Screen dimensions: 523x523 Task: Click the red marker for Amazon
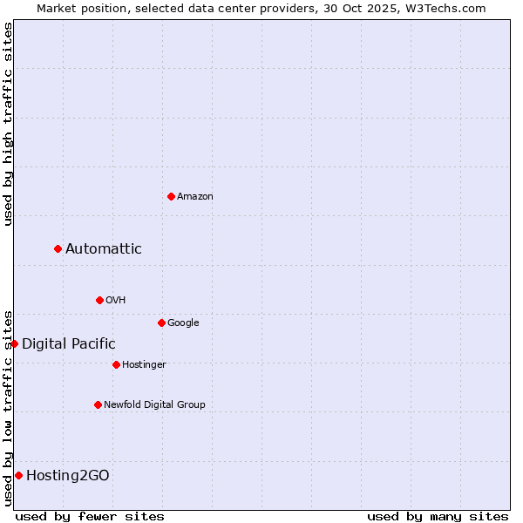tap(171, 196)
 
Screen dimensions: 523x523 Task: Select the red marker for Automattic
tap(58, 249)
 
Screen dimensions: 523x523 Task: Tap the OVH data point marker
tap(99, 300)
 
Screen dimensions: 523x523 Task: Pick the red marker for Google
tap(161, 323)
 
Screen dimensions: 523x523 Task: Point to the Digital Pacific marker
tap(14, 343)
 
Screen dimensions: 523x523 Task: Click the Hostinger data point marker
tap(116, 364)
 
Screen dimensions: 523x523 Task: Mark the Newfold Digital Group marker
tap(98, 404)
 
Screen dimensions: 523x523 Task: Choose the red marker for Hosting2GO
tap(18, 475)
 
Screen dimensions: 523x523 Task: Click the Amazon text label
tap(195, 197)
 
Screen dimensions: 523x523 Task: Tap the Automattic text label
tap(104, 249)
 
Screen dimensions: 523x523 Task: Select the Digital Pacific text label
tap(69, 344)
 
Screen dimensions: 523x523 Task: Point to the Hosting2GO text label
tap(68, 476)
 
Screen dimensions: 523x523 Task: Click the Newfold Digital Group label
tap(155, 404)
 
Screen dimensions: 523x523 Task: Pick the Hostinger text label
tap(144, 364)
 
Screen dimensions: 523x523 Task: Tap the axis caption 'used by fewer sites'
tap(90, 516)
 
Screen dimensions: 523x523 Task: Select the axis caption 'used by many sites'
tap(438, 516)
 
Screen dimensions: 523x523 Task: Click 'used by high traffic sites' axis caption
tap(8, 124)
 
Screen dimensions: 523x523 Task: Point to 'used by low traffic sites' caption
tap(8, 407)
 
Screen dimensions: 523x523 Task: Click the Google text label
tap(183, 323)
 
